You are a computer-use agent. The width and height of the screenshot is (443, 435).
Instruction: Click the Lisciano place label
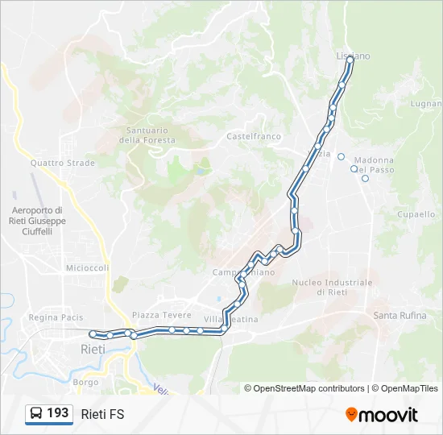[x=353, y=56]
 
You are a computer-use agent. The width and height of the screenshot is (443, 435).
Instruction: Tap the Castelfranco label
[x=254, y=137]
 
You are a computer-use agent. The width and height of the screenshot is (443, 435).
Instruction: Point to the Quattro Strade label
[x=63, y=163]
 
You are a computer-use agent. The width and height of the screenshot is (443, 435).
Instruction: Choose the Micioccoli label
[x=87, y=267]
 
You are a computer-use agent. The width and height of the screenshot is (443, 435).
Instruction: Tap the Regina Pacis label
[x=56, y=317]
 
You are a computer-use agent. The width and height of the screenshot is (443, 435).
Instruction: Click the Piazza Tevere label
[x=162, y=314]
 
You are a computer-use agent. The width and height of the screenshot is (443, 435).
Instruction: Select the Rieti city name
[x=93, y=349]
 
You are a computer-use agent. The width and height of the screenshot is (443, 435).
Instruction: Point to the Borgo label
[x=85, y=382]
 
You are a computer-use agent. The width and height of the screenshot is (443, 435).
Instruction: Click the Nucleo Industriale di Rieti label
[x=332, y=287]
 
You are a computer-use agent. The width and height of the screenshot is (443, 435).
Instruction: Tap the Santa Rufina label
[x=400, y=315]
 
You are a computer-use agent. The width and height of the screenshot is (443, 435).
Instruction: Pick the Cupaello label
[x=416, y=214]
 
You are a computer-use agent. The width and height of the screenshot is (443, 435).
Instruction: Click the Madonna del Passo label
[x=375, y=165]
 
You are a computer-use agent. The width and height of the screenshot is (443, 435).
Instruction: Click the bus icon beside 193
[x=36, y=413]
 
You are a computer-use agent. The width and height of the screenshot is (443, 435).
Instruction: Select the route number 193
[x=58, y=412]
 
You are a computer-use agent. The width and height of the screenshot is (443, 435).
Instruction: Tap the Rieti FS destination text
[x=102, y=413]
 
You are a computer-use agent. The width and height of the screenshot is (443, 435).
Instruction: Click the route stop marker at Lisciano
[x=350, y=58]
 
